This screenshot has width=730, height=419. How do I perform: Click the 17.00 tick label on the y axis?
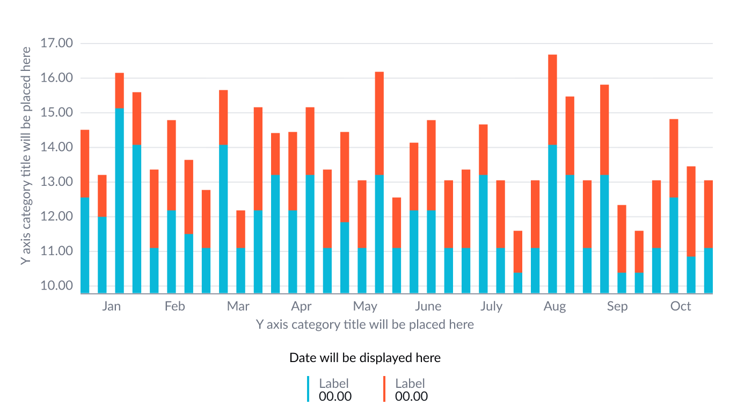point(56,43)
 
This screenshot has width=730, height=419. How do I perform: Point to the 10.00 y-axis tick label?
point(56,285)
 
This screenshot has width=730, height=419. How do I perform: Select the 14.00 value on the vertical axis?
point(56,147)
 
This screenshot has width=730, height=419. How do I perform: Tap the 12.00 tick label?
point(56,216)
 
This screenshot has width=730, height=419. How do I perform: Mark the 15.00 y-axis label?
point(56,112)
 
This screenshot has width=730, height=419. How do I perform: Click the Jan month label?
point(111,306)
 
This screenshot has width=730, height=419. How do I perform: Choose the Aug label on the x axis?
point(554,306)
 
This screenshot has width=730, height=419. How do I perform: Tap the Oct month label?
point(681,306)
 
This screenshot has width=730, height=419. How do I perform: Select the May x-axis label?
point(365,306)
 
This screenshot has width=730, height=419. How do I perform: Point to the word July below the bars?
point(491,306)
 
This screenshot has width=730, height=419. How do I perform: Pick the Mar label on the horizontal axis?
point(238,306)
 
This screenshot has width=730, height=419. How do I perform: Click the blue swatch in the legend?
point(308,389)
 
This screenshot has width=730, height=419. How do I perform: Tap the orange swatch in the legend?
point(384,389)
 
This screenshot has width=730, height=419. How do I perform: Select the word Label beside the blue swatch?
point(334,383)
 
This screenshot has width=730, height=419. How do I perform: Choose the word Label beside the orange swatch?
point(410,383)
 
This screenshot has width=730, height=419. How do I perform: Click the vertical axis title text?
point(25,156)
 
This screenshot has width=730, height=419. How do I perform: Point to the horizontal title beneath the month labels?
point(365,324)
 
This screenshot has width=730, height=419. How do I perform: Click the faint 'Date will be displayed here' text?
point(365,358)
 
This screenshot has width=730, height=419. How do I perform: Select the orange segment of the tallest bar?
point(552,99)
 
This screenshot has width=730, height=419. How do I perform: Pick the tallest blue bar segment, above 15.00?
point(119,199)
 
